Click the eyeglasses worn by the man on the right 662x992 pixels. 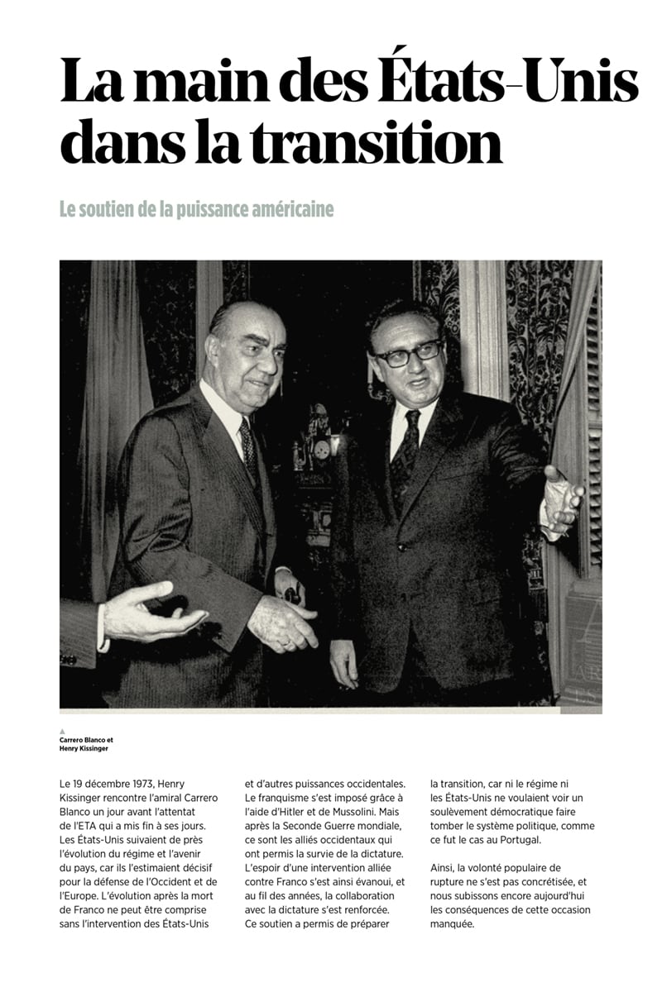[408, 352]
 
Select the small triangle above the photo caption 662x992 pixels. [63, 731]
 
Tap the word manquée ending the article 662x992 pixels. [453, 924]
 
